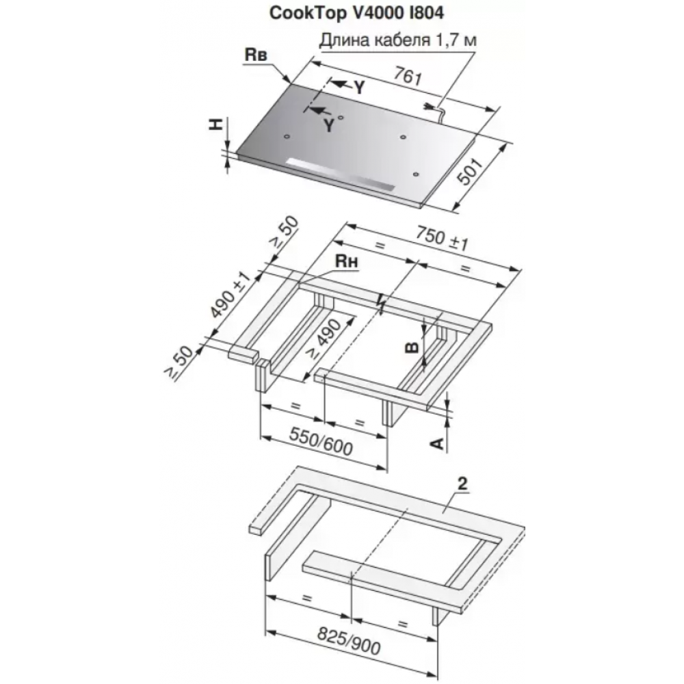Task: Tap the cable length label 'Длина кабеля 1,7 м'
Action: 398,40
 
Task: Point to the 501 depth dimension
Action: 471,172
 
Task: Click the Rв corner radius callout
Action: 256,55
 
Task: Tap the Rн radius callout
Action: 346,261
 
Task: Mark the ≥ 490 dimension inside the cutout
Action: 324,340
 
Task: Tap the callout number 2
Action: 462,484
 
